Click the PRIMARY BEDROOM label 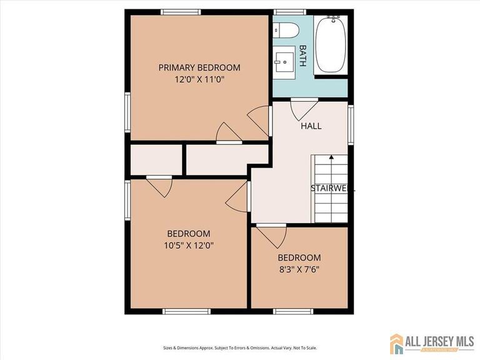(199, 67)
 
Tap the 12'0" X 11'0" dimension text (199, 79)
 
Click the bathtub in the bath (331, 46)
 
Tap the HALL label (311, 126)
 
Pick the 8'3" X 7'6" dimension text (299, 269)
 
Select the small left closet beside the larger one (156, 160)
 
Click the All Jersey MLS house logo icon (396, 343)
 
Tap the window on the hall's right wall (351, 125)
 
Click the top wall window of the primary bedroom (181, 12)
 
